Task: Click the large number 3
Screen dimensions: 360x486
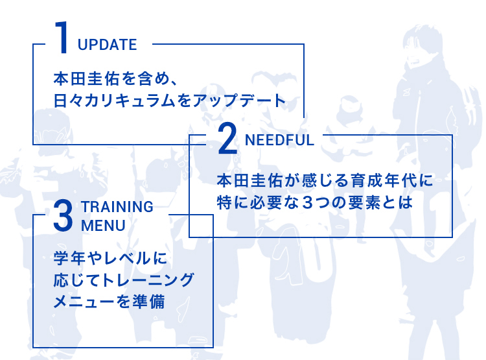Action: point(62,216)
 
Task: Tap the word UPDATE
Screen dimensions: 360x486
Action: point(107,45)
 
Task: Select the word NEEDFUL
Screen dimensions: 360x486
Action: point(279,140)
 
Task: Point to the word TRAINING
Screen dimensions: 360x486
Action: point(117,207)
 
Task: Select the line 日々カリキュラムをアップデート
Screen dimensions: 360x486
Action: point(169,101)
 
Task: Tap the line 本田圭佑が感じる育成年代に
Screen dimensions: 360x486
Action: point(325,180)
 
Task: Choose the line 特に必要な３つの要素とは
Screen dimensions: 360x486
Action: point(314,202)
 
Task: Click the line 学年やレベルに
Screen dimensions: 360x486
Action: point(110,259)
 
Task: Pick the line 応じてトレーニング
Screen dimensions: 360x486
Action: point(124,280)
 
